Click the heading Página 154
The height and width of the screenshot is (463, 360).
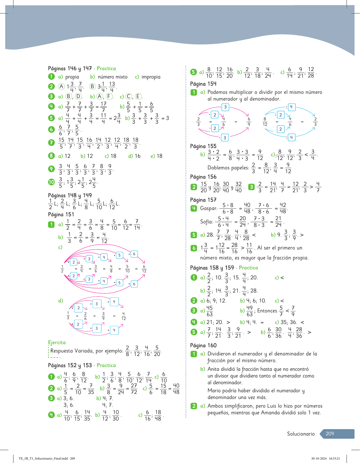[x=203, y=84]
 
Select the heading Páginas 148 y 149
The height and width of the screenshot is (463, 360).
[x=70, y=195]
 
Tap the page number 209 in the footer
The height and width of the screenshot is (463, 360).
[x=330, y=434]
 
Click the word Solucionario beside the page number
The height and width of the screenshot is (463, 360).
[x=301, y=434]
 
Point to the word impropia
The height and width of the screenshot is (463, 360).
[x=151, y=77]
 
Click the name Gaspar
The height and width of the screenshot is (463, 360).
[x=208, y=208]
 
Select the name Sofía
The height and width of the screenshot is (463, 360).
[x=206, y=222]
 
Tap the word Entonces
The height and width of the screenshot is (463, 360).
[x=267, y=311]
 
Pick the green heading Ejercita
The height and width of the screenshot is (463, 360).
[x=57, y=343]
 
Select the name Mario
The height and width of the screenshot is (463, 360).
[x=214, y=391]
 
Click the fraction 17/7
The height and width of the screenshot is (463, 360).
[x=104, y=107]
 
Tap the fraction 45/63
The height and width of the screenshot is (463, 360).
[x=209, y=311]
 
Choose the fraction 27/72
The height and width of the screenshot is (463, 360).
[x=134, y=389]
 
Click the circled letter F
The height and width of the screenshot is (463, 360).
[x=109, y=97]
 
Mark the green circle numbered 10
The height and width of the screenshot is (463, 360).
[x=51, y=182]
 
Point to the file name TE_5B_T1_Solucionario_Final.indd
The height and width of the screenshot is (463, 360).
[x=43, y=458]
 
